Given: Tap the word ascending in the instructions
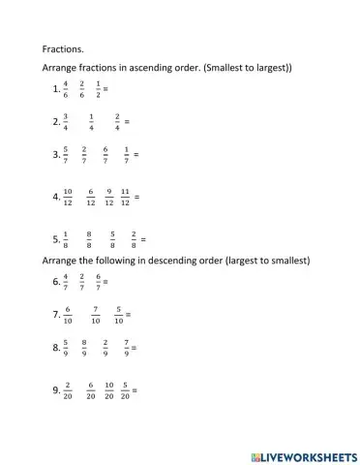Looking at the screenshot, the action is pos(143,68).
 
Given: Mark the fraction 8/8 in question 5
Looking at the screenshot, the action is pos(89,238).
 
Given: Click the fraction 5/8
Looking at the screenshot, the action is pos(113,238).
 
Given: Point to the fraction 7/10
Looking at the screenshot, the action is pos(95,314).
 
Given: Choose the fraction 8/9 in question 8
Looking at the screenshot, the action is pos(85,347).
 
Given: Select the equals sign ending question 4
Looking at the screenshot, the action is pos(137,198).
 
